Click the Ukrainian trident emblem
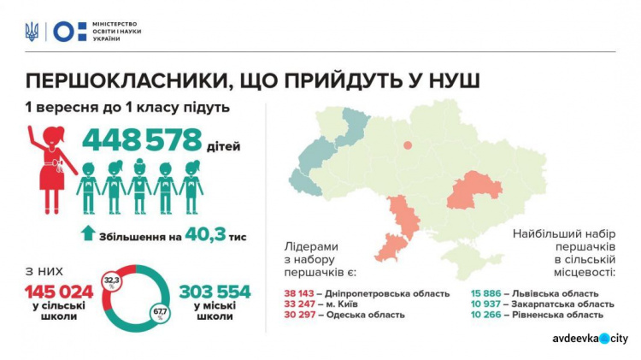[32, 32]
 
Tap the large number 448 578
[142, 140]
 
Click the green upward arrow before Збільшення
[87, 233]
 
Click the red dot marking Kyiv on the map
[408, 145]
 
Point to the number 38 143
[302, 293]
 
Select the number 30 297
[302, 315]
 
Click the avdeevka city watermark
[589, 339]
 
